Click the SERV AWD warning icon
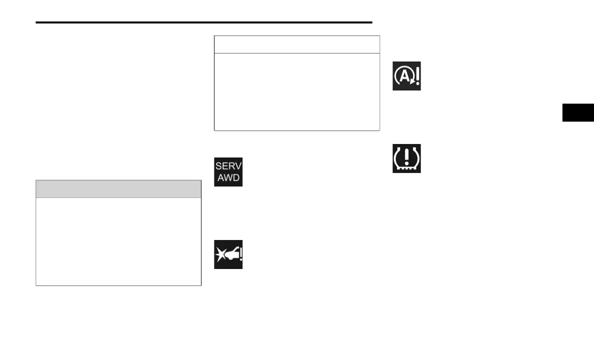(228, 172)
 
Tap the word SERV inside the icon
(228, 166)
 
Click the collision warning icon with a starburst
(228, 254)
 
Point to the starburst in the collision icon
(221, 255)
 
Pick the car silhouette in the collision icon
(230, 255)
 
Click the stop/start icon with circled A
(406, 76)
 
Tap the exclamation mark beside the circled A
(416, 76)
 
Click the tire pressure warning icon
(406, 158)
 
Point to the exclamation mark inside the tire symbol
(406, 156)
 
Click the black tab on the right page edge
(578, 112)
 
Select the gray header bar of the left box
(118, 189)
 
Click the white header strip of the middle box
(297, 44)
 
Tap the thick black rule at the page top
(204, 22)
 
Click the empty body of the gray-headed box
(118, 241)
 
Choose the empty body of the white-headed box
(297, 91)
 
